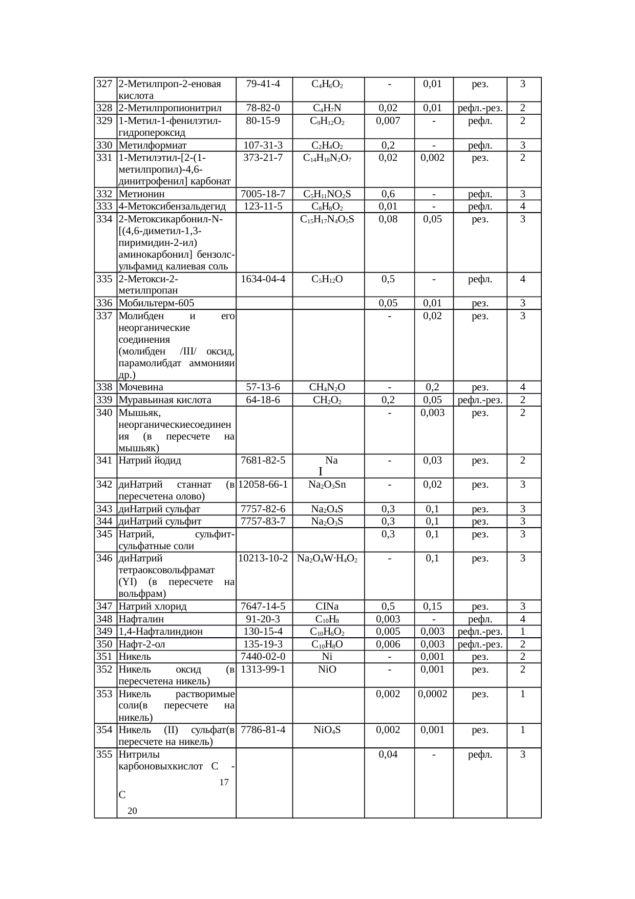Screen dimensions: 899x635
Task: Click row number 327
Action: click(104, 84)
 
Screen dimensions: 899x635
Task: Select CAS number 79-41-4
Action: click(263, 84)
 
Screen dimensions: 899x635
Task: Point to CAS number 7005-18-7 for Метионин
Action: click(263, 194)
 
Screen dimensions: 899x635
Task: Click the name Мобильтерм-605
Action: click(156, 303)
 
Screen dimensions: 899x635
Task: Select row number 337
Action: click(104, 316)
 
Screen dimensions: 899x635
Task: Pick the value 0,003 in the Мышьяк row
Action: click(433, 412)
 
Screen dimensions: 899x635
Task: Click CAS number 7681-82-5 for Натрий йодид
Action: click(263, 461)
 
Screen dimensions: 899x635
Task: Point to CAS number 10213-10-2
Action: click(263, 558)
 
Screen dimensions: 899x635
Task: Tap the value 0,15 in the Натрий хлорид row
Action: click(433, 607)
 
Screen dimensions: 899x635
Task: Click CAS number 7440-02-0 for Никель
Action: click(263, 657)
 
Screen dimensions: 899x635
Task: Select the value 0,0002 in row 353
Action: click(433, 694)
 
